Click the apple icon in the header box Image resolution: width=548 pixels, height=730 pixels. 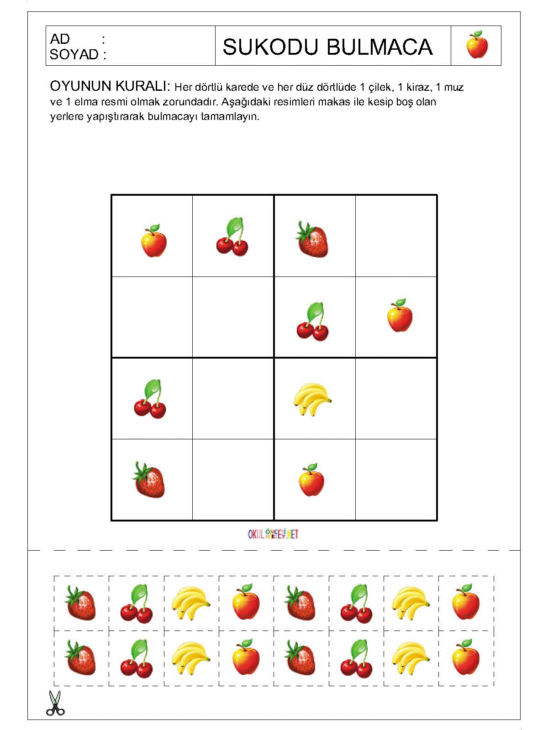coord(477,45)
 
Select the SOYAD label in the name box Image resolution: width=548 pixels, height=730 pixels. coord(74,55)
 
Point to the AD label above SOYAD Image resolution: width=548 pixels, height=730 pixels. coord(60,39)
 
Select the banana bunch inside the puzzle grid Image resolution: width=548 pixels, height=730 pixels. coord(312,399)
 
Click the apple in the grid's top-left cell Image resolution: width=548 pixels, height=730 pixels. coord(153,240)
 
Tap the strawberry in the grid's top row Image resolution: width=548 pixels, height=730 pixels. coord(312,239)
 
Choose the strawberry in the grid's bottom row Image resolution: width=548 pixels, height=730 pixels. coord(149,479)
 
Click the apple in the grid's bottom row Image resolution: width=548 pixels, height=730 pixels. coord(311,480)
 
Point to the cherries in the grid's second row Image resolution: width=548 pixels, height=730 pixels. coord(312,322)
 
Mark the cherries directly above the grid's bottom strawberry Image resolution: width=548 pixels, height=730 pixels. coord(150,399)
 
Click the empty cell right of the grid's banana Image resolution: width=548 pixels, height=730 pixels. coord(396,398)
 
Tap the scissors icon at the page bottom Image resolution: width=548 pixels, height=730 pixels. coord(55,703)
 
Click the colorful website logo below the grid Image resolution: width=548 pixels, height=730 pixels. coord(273,534)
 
